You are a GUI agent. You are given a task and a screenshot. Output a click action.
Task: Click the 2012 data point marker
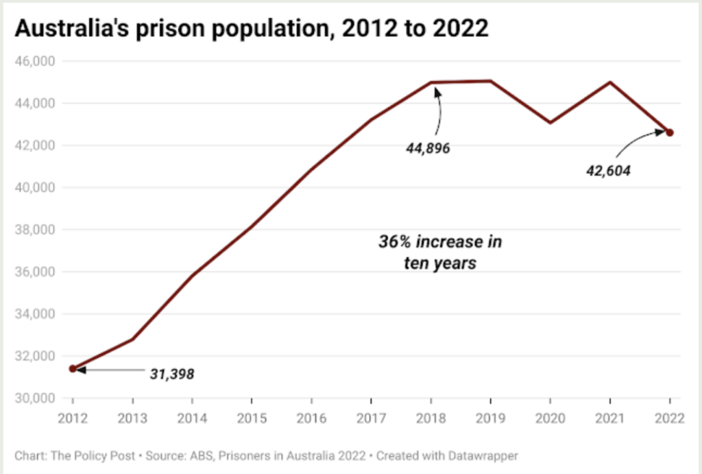point(73,368)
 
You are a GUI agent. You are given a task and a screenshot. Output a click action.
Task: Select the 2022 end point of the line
point(670,132)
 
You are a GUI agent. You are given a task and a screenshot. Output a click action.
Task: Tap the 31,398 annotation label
point(172,374)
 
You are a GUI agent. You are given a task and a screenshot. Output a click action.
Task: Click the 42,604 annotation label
point(607,170)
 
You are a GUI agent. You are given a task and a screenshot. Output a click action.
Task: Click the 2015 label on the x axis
point(252,418)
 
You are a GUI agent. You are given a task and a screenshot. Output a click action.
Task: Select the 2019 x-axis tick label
point(490,418)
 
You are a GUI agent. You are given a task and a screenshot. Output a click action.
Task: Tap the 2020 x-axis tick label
point(550,418)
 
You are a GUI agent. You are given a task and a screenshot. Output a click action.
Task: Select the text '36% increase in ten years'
point(440,252)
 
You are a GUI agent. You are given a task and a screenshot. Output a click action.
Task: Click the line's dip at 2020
point(550,123)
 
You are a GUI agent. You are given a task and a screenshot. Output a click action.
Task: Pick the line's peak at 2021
point(609,82)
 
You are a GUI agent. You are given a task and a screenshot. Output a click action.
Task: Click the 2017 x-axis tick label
point(371,418)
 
